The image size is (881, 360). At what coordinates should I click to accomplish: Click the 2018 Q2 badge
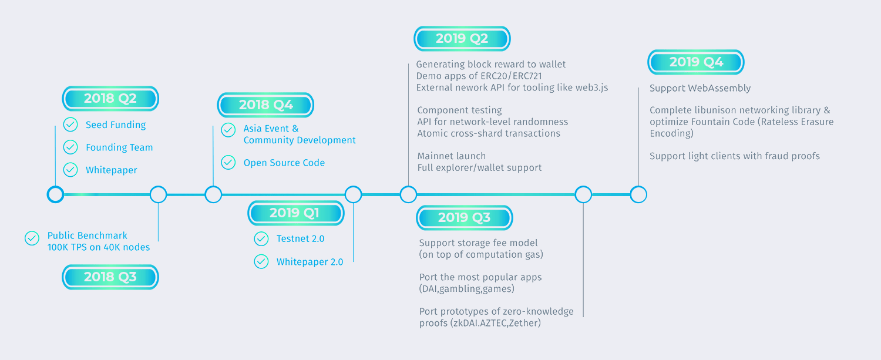pos(110,98)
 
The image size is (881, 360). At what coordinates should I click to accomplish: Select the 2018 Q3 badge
pos(110,277)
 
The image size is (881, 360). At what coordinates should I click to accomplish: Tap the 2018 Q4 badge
pos(265,105)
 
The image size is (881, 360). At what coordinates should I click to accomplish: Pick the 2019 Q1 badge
pos(296,213)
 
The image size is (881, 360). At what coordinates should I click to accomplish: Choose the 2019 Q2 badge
pos(462,39)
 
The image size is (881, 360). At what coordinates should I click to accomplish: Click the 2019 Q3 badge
pos(465,217)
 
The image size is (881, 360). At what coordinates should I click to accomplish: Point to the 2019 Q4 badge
pos(696,62)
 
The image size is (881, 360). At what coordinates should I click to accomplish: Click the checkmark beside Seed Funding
pos(70,125)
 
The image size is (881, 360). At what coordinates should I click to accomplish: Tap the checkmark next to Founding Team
pos(70,147)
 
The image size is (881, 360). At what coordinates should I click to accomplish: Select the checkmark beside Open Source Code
pos(228,162)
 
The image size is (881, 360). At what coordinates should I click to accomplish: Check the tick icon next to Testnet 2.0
pos(261,238)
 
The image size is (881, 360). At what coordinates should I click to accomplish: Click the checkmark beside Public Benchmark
pos(32,238)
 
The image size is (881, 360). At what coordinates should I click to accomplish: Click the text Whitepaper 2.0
pos(310,262)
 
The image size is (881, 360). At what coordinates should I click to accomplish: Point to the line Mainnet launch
pos(452,156)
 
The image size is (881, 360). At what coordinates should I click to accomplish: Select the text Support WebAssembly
pos(700,88)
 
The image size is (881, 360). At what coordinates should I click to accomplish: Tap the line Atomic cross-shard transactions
pos(489,133)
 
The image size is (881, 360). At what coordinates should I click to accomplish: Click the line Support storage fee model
pos(478,243)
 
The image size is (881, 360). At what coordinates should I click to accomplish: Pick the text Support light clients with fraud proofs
pos(735,156)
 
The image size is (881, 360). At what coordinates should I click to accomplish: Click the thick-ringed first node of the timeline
pos(55,194)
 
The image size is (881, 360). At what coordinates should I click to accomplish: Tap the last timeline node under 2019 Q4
pos(638,194)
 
